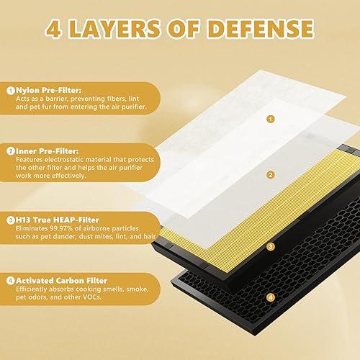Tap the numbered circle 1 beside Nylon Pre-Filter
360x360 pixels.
tap(11, 91)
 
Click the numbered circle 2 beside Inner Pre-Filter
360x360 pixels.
tap(11, 151)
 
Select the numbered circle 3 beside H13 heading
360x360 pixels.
tap(11, 219)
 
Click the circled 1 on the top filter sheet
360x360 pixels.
tap(249, 118)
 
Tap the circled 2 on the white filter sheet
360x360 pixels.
tap(249, 174)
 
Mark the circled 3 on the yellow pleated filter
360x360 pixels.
tap(249, 246)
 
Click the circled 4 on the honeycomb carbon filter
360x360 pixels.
tap(249, 296)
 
